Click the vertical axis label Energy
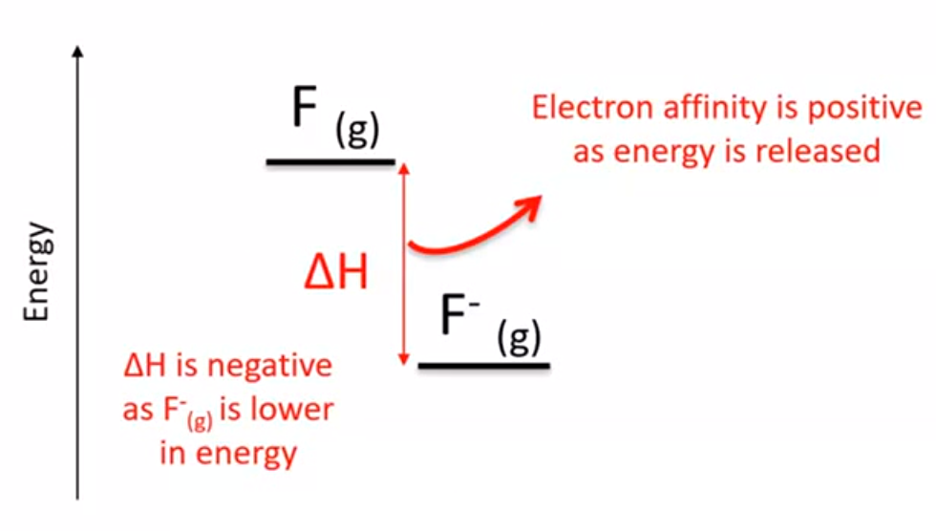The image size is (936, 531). pos(37,272)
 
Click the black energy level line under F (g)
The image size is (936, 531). pos(330,161)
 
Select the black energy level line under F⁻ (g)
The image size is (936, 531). pos(484,365)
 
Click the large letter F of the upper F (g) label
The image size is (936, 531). pos(304,106)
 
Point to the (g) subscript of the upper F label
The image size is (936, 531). pos(357,130)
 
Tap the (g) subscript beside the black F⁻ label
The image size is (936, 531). pos(520,337)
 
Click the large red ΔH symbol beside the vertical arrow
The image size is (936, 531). pos(336,271)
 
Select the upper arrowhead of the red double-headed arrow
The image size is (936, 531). pos(404,169)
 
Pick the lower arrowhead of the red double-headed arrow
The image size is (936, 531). pos(404,358)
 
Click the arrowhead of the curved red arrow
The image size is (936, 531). pos(530,206)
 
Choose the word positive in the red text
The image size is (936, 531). pos(865,109)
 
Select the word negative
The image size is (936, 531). pos(268,366)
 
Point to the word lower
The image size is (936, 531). pos(292,410)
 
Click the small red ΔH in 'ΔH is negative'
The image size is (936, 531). pos(144,366)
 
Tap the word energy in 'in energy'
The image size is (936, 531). pos(246,454)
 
